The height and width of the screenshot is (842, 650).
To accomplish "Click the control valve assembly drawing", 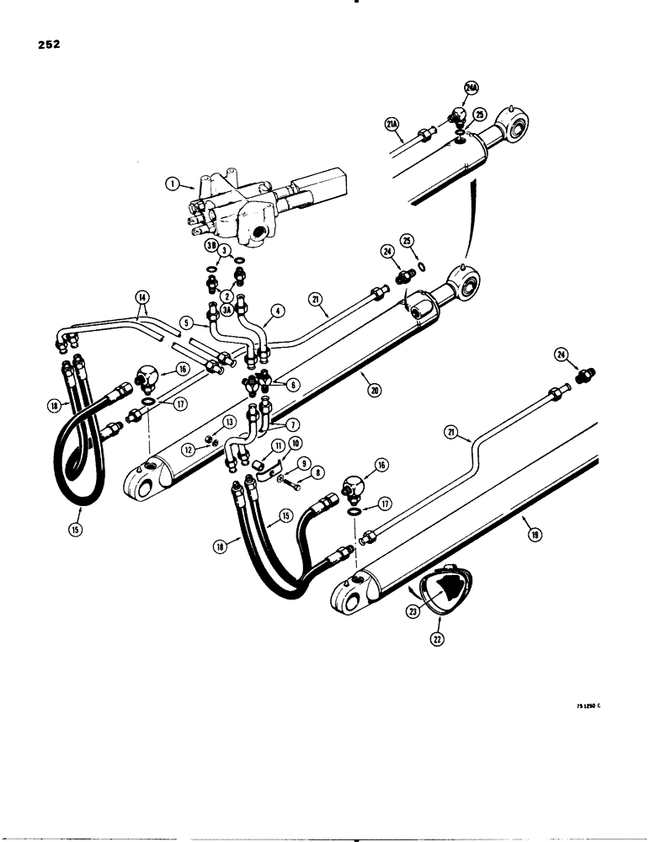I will coord(253,205).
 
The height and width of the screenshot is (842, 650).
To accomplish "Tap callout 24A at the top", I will coord(471,87).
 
